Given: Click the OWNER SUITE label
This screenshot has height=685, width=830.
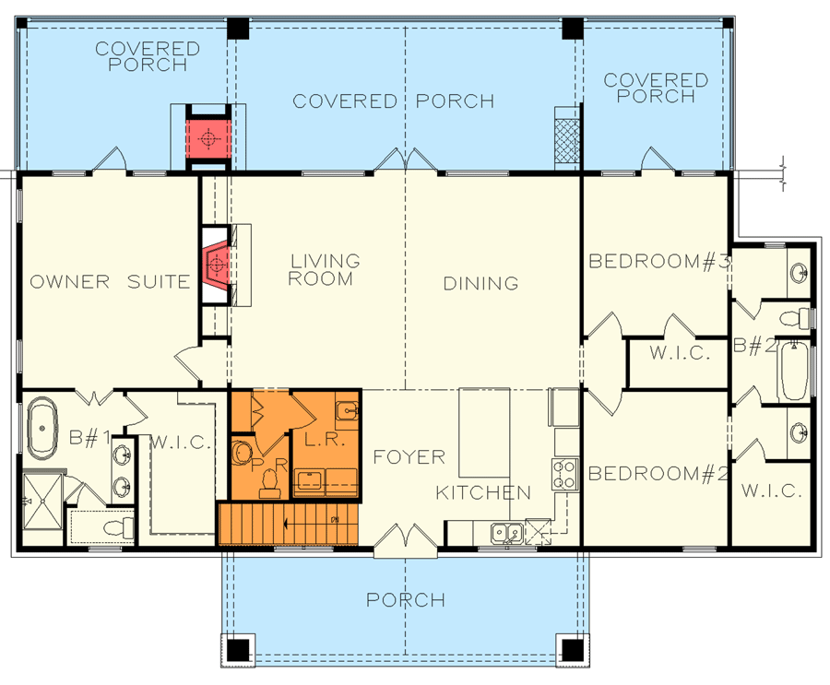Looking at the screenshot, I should pyautogui.click(x=109, y=282).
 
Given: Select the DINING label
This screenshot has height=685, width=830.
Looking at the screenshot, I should pyautogui.click(x=480, y=283).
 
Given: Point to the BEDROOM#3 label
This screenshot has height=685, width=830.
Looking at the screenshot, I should pyautogui.click(x=659, y=262).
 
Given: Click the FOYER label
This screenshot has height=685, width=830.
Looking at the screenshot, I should pyautogui.click(x=409, y=456).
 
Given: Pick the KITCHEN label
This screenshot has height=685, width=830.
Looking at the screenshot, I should pyautogui.click(x=483, y=492).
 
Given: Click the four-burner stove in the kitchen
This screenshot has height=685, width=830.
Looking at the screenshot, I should pyautogui.click(x=564, y=473).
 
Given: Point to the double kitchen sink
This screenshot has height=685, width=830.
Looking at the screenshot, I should pyautogui.click(x=504, y=532).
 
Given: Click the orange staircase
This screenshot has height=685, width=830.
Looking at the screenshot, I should pyautogui.click(x=288, y=524).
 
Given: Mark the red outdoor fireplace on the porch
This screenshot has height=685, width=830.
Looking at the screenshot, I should pyautogui.click(x=208, y=138).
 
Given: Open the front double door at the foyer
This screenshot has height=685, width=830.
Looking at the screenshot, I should pyautogui.click(x=405, y=540).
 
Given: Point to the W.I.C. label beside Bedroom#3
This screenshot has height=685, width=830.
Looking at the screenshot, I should pyautogui.click(x=678, y=353).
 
